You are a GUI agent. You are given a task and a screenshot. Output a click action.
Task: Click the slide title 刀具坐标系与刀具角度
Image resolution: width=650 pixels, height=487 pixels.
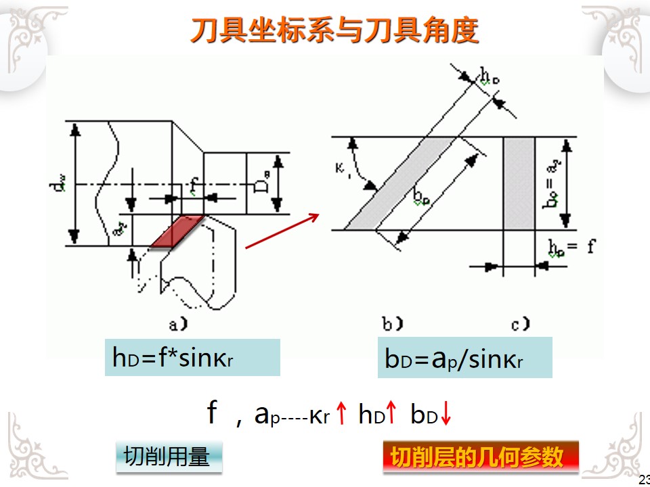click(x=334, y=29)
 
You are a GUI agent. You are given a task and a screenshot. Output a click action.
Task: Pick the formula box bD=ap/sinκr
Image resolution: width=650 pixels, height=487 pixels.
click(x=464, y=358)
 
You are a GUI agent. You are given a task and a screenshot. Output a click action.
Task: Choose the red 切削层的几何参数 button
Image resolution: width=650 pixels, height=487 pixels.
click(x=481, y=457)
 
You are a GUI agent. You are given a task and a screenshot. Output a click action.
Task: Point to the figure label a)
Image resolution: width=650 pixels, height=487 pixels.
click(x=177, y=325)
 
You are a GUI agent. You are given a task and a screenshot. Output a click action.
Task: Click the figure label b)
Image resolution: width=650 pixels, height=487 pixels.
click(x=392, y=325)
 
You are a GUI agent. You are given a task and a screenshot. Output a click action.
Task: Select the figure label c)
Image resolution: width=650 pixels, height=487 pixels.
click(x=520, y=325)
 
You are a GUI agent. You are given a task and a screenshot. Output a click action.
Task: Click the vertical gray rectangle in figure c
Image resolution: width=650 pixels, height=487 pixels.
click(x=519, y=183)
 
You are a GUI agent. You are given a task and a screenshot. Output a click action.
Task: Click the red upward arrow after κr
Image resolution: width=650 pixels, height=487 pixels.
click(x=342, y=414)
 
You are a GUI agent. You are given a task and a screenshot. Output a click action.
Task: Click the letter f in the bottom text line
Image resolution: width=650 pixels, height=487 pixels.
click(x=212, y=413)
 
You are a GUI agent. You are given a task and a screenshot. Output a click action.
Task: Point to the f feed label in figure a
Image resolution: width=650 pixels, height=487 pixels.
click(x=194, y=185)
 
